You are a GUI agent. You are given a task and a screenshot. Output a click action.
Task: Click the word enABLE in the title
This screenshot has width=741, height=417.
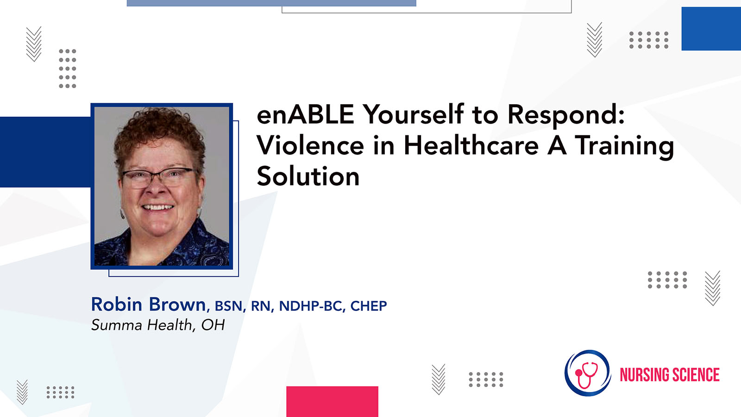pos(305,114)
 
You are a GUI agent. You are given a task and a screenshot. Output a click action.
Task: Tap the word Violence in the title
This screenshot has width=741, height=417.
pos(310,145)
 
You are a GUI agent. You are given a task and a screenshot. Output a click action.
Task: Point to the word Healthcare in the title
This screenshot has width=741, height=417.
pos(471,145)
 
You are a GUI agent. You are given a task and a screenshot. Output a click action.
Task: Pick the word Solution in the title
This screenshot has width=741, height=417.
pos(308,177)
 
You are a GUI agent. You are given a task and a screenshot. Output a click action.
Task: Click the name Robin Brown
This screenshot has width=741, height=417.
pos(149,304)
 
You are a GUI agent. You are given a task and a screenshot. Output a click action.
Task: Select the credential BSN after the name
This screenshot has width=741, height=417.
pos(228,306)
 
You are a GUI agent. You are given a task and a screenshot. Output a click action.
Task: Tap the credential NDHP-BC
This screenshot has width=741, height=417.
pos(310,306)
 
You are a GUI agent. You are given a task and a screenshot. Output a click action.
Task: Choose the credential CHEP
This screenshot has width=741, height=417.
pos(369,306)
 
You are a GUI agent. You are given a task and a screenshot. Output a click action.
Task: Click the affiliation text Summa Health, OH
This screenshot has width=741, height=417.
pos(158,325)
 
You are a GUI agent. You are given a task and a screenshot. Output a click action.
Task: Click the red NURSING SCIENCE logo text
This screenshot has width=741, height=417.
pos(670,375)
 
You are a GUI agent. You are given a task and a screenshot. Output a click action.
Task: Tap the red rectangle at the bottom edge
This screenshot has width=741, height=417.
pos(332,401)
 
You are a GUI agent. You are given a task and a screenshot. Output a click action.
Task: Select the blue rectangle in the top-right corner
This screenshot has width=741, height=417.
pos(711,29)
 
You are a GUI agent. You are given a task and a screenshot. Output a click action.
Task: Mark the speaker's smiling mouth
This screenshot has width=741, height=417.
pos(157,208)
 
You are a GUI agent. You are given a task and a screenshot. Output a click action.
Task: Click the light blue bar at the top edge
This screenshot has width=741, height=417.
pos(271,3)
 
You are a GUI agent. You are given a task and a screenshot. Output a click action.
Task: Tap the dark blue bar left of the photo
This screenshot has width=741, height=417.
pos(45,152)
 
